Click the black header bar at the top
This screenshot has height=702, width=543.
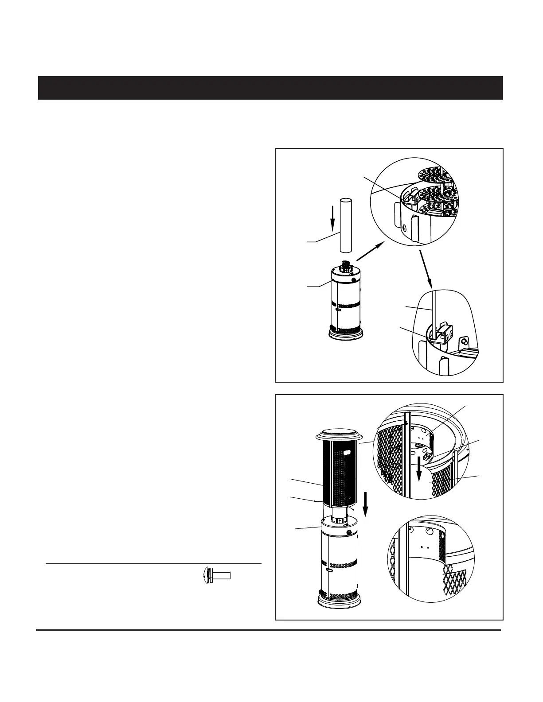(x=270, y=88)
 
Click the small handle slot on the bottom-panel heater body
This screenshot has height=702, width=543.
(x=329, y=572)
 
